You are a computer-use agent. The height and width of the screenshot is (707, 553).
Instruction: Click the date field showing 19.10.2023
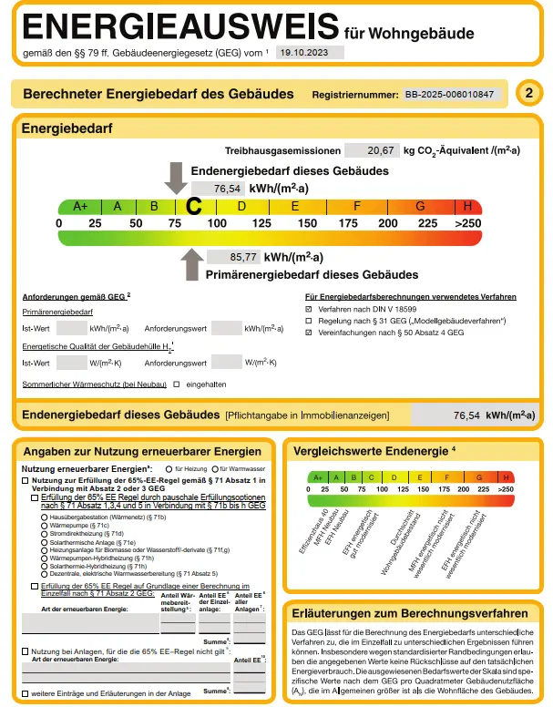(310, 53)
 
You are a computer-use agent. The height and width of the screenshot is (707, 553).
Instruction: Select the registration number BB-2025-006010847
(453, 94)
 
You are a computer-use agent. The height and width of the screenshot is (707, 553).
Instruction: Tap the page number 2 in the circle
(528, 93)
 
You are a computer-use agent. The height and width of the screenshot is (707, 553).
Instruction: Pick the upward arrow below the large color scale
(191, 265)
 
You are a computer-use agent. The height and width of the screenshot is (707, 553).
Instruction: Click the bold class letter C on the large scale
(193, 207)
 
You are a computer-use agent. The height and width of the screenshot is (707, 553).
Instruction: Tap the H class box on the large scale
(468, 206)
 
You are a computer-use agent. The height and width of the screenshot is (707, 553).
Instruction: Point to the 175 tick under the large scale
(348, 223)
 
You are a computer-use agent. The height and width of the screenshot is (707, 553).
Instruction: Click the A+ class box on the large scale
(80, 206)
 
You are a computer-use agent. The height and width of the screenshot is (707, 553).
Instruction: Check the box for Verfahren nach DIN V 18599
(309, 310)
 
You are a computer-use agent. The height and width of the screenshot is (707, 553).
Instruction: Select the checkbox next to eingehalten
(177, 384)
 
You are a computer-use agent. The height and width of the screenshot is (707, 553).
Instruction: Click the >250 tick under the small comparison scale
(506, 489)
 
